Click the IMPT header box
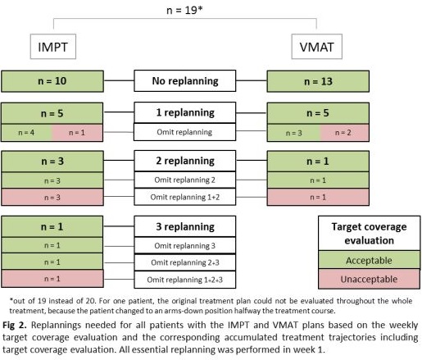(x=53, y=47)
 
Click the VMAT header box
(x=317, y=47)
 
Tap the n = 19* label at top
(x=184, y=10)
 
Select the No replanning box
(x=185, y=81)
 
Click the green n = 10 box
(x=52, y=81)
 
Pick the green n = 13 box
(x=318, y=81)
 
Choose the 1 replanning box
(x=185, y=112)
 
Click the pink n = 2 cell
(x=345, y=133)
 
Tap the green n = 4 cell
(x=26, y=133)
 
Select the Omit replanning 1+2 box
(x=185, y=197)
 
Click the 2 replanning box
(x=185, y=161)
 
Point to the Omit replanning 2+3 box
(x=185, y=262)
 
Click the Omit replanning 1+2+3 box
(x=185, y=280)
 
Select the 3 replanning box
(x=185, y=226)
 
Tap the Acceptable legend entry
(x=369, y=260)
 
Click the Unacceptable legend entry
(x=369, y=279)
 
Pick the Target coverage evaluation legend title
(x=369, y=234)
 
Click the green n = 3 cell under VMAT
(x=293, y=133)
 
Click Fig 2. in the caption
(x=15, y=325)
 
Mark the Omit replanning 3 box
(x=185, y=245)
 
